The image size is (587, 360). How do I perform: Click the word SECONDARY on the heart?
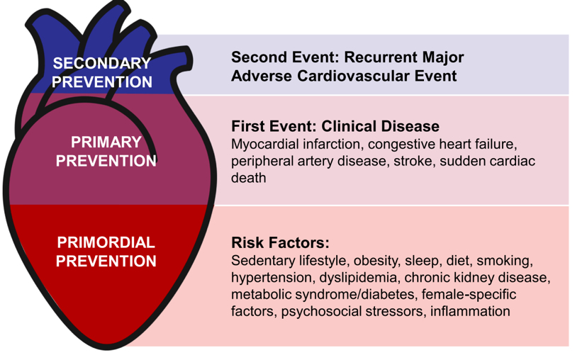(x=102, y=63)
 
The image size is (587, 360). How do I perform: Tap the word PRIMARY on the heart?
(x=106, y=142)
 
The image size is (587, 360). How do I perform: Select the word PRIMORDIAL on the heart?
(x=106, y=242)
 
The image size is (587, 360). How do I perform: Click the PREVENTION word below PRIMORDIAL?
(x=106, y=261)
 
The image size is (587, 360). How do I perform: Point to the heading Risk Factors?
(x=281, y=242)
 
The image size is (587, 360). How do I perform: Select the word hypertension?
(x=272, y=278)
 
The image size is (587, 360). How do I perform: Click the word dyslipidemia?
(x=358, y=278)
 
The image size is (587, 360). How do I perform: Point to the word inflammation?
(x=470, y=311)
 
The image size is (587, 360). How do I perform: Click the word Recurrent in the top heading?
(x=381, y=57)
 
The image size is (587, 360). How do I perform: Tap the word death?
(x=249, y=178)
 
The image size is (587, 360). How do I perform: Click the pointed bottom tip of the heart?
(x=108, y=349)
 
